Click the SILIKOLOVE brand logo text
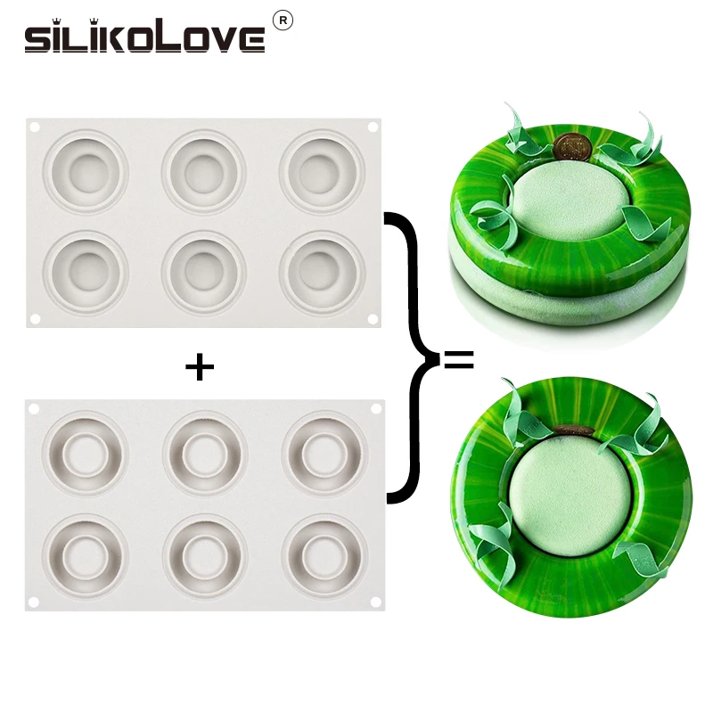[144, 37]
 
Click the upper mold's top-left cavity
[86, 169]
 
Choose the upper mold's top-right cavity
[323, 169]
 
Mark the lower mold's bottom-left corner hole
[34, 602]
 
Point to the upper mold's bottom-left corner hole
[35, 318]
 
